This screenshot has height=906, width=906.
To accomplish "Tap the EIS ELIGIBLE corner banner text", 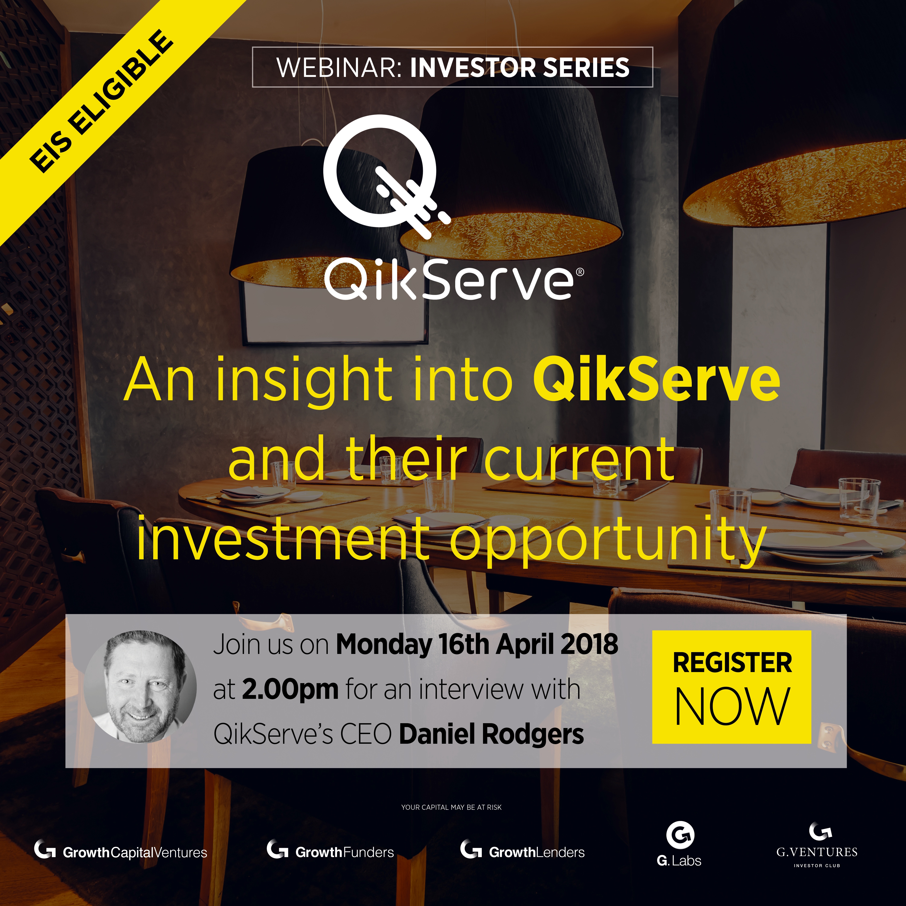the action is (101, 101).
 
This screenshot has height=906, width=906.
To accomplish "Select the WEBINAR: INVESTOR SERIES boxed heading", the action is (453, 67).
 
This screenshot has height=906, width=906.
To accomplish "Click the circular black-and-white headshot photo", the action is (141, 687).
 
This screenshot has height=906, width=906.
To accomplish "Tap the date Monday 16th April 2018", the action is (477, 645).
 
